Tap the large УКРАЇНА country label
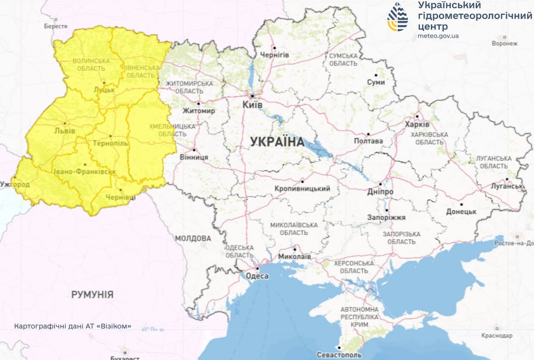277,142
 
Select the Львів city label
64,131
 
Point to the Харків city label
417,125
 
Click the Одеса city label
257,276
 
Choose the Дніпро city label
380,192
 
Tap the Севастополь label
338,354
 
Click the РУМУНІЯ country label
92,294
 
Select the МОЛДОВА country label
193,238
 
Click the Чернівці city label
120,197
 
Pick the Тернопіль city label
110,143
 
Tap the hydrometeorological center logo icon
398,17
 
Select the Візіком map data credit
73,326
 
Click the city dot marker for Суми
376,75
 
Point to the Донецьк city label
461,211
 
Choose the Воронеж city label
504,44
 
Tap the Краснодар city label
497,336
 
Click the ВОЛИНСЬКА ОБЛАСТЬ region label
91,65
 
